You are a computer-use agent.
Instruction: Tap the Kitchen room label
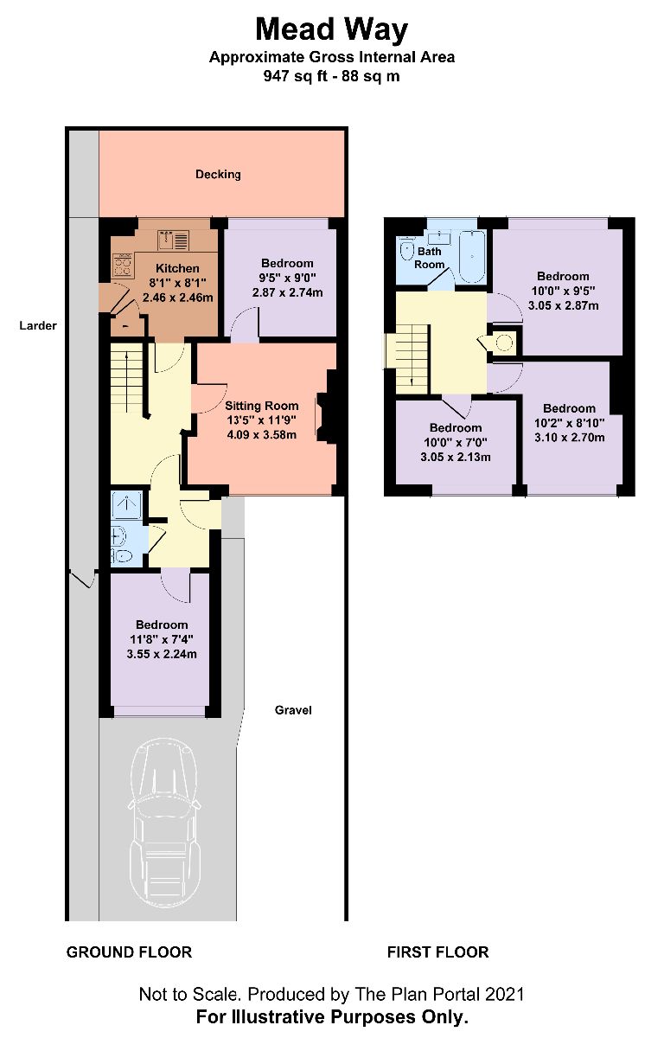pos(176,268)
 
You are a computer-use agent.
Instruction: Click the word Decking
pos(218,174)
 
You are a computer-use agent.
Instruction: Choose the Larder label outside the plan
pos(39,326)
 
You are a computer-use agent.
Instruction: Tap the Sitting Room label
pos(261,405)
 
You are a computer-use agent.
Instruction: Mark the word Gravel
pos(293,710)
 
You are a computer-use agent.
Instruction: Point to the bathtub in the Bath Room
pos(472,256)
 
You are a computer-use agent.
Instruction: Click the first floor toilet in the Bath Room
pos(406,251)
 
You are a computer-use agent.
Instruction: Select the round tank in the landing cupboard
pos(505,343)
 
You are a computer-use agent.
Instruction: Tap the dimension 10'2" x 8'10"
pos(569,423)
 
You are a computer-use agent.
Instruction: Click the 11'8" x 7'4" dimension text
pos(161,639)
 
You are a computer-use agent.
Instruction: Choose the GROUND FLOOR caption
pos(129,952)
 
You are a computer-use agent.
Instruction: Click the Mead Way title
pos(331,29)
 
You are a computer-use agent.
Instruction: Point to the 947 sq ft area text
pos(331,75)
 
